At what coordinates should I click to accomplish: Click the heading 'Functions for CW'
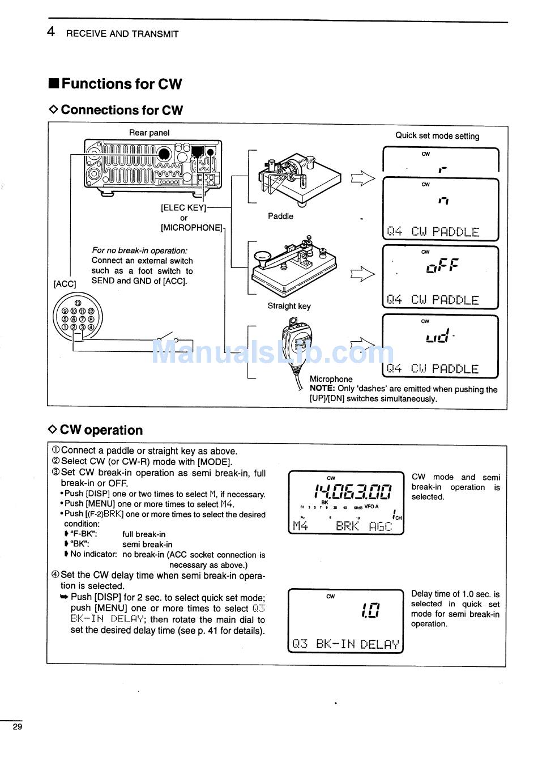pos(121,84)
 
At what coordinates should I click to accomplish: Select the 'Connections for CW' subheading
pos(122,110)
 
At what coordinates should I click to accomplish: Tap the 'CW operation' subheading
pos(101,430)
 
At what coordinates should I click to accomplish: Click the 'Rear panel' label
pos(149,133)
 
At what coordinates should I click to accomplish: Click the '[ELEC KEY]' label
pos(183,207)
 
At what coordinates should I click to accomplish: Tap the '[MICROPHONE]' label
pos(191,227)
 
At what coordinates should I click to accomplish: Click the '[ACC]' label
pos(65,283)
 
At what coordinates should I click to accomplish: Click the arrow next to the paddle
pos(362,178)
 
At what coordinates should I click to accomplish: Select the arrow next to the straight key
pos(362,274)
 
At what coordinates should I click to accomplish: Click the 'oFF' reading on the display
pos(442,265)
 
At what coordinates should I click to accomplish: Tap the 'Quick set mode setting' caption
pos(437,136)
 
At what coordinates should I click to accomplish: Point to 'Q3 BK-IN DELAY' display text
pos(345,644)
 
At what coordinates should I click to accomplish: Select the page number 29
pos(18,727)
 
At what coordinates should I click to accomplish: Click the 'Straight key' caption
pos(289,306)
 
